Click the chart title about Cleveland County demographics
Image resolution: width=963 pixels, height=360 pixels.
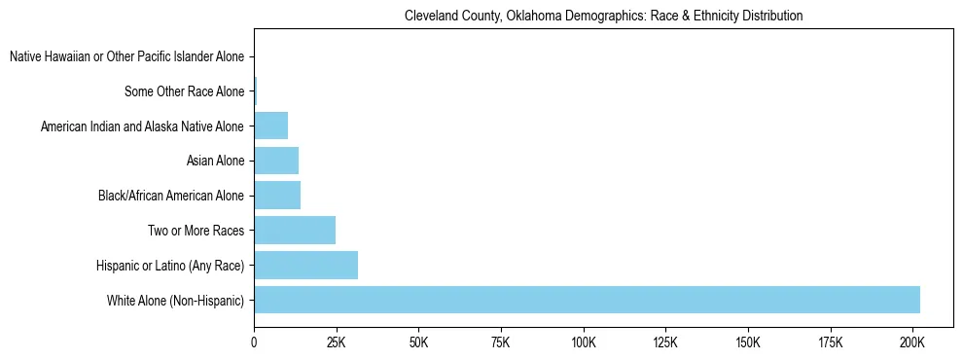coord(603,17)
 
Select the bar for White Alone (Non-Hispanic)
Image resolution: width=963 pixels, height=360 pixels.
coord(587,300)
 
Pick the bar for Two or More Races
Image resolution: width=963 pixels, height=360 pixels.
coord(295,231)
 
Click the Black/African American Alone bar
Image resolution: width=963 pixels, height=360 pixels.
coord(277,196)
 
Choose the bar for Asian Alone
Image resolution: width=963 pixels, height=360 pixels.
coord(276,161)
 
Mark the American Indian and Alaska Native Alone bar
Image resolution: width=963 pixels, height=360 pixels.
coord(270,126)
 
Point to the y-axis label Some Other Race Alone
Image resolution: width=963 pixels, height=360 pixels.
coord(185,92)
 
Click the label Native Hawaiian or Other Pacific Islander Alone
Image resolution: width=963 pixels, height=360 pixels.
coord(126,57)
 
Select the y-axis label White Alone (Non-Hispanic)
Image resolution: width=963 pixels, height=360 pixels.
coord(175,301)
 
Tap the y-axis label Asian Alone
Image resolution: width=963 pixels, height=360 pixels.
coord(215,162)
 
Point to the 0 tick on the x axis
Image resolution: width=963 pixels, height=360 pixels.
coord(254,342)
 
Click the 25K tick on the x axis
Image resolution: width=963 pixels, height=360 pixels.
coord(337,342)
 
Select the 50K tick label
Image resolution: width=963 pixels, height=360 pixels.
coord(419,342)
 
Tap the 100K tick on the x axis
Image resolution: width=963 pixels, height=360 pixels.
coord(584,342)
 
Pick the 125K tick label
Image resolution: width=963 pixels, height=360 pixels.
coord(666,342)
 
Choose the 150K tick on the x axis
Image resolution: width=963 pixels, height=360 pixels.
coord(748,342)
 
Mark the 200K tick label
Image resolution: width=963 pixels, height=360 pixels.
coord(912,342)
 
